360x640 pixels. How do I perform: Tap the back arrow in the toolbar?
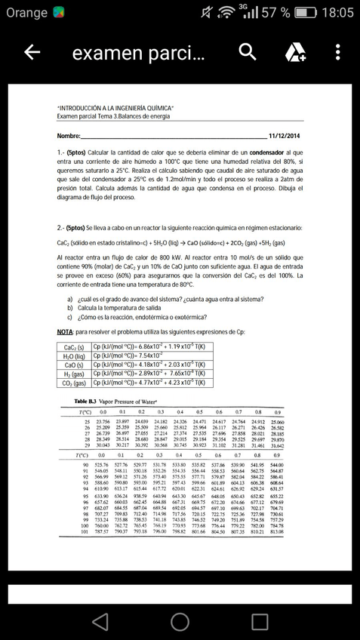[32, 52]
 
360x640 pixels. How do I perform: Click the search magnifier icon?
[248, 52]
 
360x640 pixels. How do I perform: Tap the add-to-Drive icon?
[294, 52]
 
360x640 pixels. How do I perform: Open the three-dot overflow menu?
[337, 52]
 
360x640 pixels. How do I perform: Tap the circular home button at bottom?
[180, 620]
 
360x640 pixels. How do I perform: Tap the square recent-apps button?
[260, 620]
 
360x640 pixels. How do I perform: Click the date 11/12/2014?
[285, 136]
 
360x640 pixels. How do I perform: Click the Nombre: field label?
[68, 136]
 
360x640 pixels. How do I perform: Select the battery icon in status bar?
[305, 13]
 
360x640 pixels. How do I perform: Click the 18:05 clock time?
[337, 13]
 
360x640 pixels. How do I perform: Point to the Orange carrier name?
[27, 13]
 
